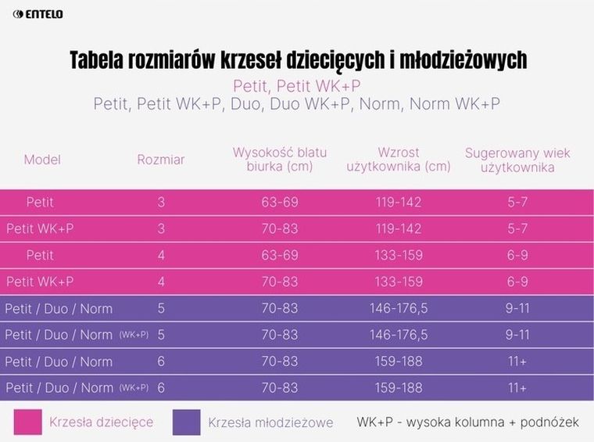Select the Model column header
[42, 160]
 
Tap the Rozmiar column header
[161, 160]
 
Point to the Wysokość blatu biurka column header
[280, 159]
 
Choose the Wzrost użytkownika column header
[399, 159]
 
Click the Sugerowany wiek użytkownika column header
[517, 159]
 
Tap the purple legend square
[186, 422]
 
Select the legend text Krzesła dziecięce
[102, 422]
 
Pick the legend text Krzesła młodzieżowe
[270, 422]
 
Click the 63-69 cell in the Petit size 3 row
[280, 202]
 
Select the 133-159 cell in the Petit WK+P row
[399, 282]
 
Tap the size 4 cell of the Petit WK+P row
[161, 282]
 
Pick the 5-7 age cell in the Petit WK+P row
[517, 228]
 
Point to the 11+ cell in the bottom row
[517, 388]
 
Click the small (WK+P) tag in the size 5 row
[134, 335]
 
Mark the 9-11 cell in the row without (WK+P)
[517, 308]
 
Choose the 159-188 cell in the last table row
[399, 388]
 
